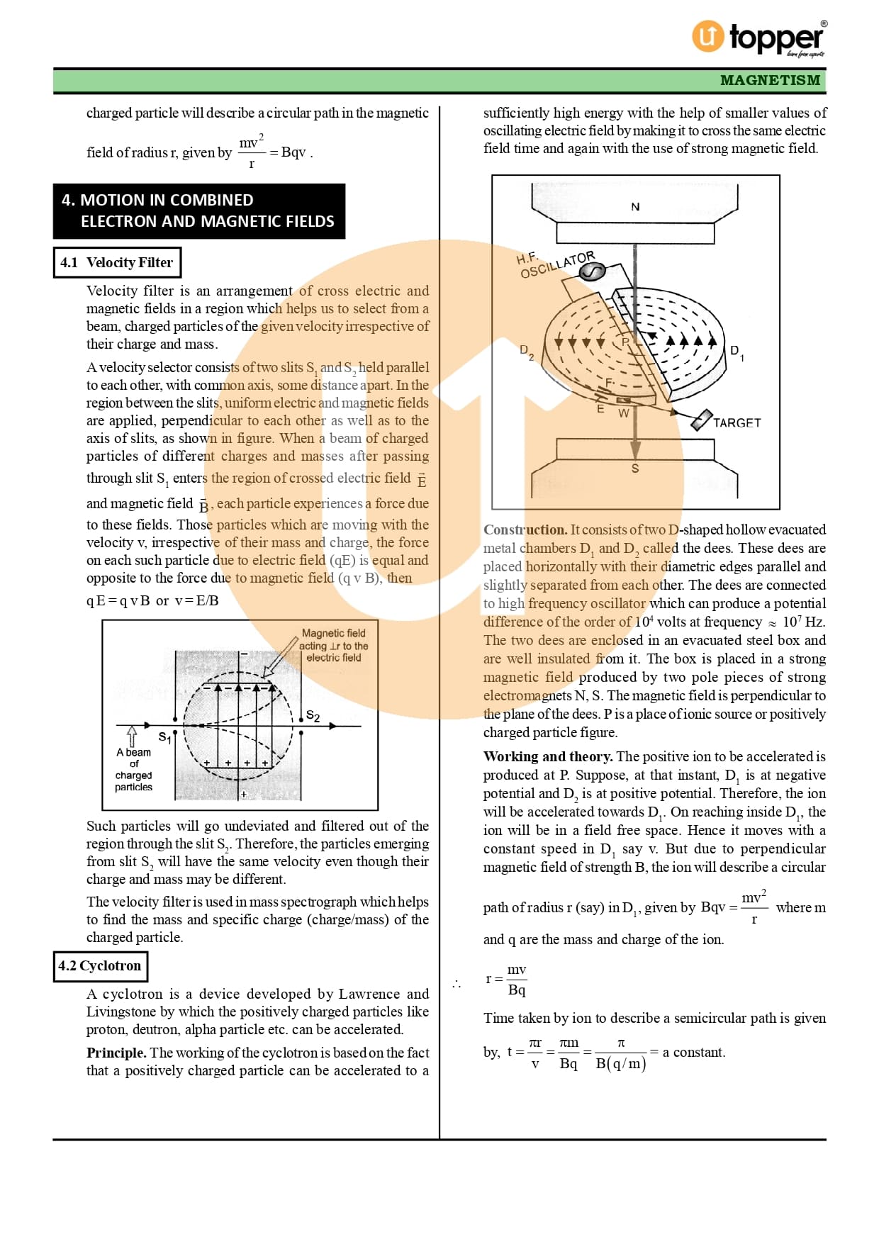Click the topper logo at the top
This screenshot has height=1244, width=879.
758,37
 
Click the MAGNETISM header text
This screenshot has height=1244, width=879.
770,80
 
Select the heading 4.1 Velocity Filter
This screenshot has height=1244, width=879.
117,262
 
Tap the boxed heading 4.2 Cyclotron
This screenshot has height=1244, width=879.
100,965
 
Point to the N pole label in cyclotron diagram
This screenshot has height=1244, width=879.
635,207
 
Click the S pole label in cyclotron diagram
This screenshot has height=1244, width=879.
635,469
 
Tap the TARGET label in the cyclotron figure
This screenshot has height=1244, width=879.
737,423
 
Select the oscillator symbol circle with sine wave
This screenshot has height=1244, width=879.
593,271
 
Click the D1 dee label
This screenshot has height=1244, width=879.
737,352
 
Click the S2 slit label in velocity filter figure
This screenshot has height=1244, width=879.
313,716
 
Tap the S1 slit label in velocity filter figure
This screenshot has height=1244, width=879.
164,737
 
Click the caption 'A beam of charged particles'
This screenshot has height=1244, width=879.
133,769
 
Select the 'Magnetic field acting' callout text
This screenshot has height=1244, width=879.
334,645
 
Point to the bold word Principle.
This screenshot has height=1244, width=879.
116,1053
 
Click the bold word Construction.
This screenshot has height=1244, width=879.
525,529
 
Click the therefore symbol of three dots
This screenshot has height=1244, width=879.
457,984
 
